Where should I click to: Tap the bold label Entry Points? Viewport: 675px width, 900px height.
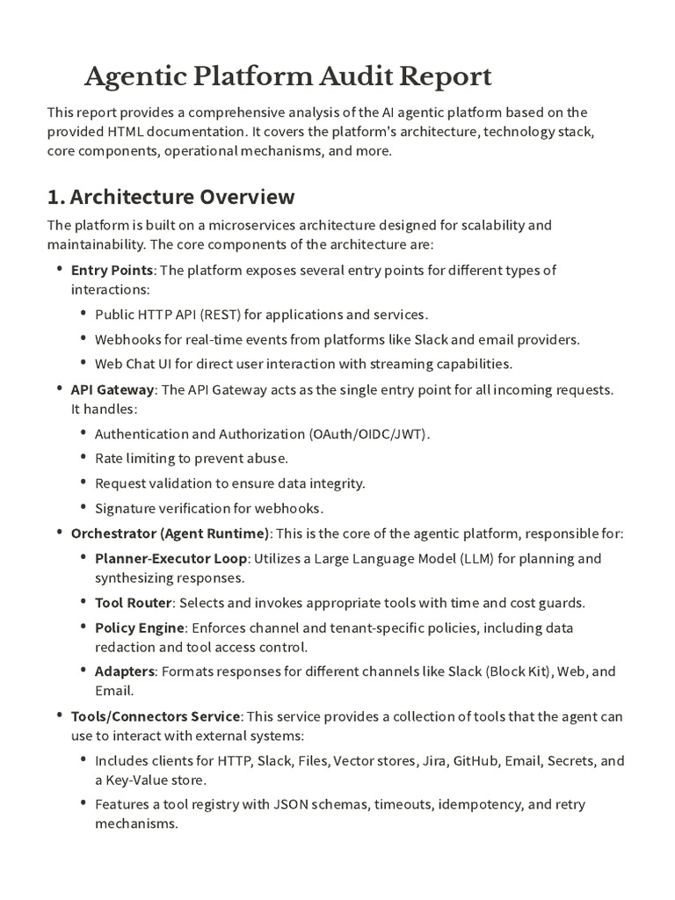pos(112,270)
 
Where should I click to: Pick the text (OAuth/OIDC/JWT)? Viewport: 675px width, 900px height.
pos(369,433)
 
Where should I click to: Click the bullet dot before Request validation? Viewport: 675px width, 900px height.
pos(83,483)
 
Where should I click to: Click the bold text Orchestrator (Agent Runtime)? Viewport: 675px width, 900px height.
pos(171,533)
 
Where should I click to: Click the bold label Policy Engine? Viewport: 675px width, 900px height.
pos(140,628)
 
